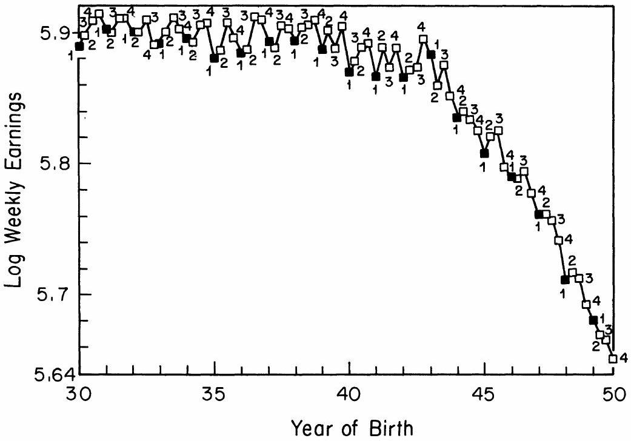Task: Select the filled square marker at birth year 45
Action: [x=484, y=153]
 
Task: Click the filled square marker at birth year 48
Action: [x=565, y=280]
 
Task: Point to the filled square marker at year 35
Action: [x=214, y=58]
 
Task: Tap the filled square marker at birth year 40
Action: [x=349, y=72]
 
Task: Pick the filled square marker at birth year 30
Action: [x=79, y=46]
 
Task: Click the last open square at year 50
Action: [x=613, y=359]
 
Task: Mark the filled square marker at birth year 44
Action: [x=457, y=118]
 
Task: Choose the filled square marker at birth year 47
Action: [x=538, y=214]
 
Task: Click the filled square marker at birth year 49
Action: [x=593, y=320]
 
